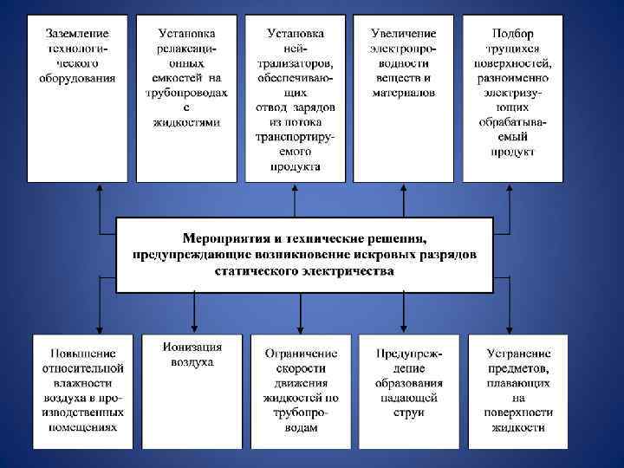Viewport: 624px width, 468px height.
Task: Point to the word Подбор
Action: pos(512,33)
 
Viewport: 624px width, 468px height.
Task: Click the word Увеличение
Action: pos(403,33)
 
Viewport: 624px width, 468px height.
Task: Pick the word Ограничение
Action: pos(301,354)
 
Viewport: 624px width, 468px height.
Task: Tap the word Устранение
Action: pos(519,354)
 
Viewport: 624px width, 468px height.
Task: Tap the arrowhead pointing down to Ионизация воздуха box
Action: pos(193,327)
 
